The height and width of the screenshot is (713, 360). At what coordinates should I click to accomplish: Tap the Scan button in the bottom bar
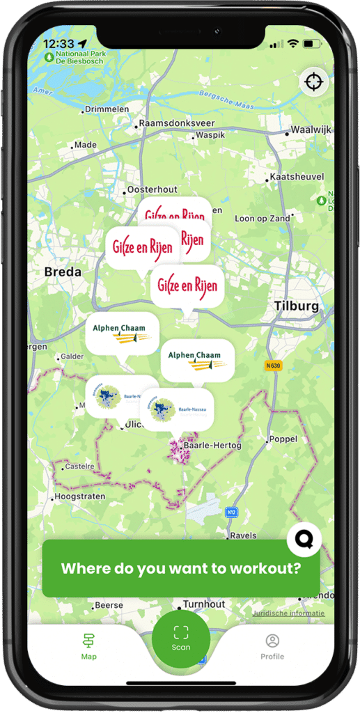pyautogui.click(x=181, y=638)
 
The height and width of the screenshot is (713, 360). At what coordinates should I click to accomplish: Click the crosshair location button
pyautogui.click(x=313, y=82)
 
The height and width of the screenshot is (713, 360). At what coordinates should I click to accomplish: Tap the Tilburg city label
pyautogui.click(x=296, y=306)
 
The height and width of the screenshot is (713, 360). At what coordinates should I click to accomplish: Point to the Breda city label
pyautogui.click(x=63, y=272)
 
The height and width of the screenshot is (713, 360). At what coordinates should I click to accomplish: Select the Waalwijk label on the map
pyautogui.click(x=311, y=130)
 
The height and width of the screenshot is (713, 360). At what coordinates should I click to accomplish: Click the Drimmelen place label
pyautogui.click(x=107, y=109)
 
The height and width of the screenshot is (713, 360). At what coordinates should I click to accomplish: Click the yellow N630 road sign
pyautogui.click(x=274, y=365)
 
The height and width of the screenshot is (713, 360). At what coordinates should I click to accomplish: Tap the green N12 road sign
pyautogui.click(x=231, y=512)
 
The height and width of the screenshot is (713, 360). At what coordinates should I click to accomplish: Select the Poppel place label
pyautogui.click(x=283, y=439)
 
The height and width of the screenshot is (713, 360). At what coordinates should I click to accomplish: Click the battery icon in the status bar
pyautogui.click(x=313, y=43)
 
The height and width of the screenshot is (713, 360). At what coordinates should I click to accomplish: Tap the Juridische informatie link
pyautogui.click(x=288, y=613)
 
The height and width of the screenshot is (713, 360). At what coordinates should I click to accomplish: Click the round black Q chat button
pyautogui.click(x=304, y=538)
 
